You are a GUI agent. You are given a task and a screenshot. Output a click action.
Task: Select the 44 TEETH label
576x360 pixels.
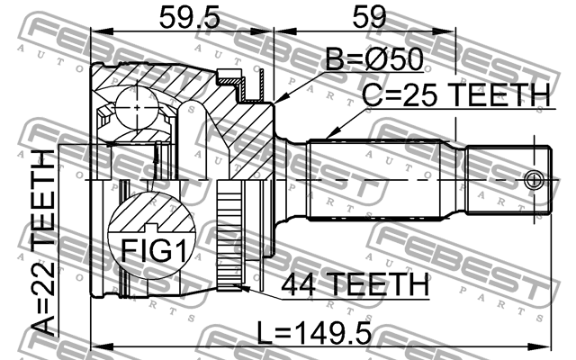coord(355,285)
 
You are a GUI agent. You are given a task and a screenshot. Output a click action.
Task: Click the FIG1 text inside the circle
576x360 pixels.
coord(150,249)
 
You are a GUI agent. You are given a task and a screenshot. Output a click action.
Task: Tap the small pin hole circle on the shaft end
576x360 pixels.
coord(536,177)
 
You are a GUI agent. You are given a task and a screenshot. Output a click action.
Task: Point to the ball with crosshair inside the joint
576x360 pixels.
coord(135,109)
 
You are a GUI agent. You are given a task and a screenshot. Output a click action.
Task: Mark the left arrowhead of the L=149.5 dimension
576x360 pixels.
coord(95,342)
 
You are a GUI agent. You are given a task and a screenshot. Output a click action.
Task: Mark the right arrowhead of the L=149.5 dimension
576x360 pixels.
coord(547,342)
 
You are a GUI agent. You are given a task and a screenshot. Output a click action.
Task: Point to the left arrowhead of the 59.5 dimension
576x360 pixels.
coord(95,34)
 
